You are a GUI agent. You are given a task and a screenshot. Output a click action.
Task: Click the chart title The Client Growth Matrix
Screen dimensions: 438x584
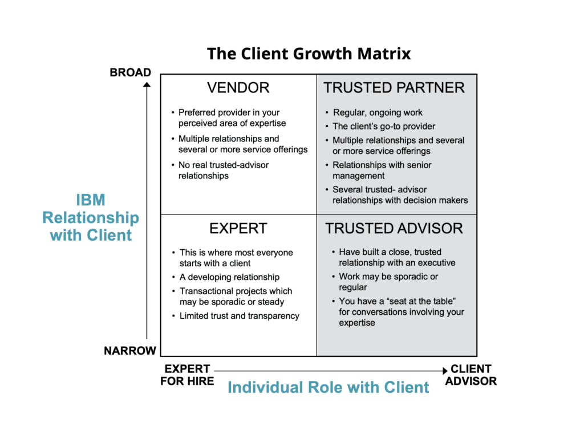309,54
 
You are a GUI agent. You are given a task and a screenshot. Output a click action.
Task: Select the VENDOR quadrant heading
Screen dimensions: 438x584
238,88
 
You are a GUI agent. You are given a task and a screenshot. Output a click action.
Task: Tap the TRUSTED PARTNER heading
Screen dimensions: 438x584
394,88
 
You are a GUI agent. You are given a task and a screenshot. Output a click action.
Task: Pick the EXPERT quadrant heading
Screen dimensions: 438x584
238,229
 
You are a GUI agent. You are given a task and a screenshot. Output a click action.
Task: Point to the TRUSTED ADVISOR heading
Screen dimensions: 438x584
394,229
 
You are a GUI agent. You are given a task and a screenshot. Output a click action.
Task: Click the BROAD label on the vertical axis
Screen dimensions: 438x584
131,73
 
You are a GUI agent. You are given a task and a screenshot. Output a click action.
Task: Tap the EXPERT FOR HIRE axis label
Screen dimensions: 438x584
187,375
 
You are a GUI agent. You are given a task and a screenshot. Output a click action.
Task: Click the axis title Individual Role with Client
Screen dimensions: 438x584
328,388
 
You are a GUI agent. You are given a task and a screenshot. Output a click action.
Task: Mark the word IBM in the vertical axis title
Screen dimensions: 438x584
91,200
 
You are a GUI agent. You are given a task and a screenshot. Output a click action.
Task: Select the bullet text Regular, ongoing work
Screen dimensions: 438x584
378,113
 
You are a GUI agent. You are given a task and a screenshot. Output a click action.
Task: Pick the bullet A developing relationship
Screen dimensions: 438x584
229,277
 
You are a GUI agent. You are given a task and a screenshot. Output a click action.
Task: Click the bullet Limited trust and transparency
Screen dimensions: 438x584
239,316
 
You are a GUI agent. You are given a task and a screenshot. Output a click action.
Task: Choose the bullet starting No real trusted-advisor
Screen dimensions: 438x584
223,170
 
